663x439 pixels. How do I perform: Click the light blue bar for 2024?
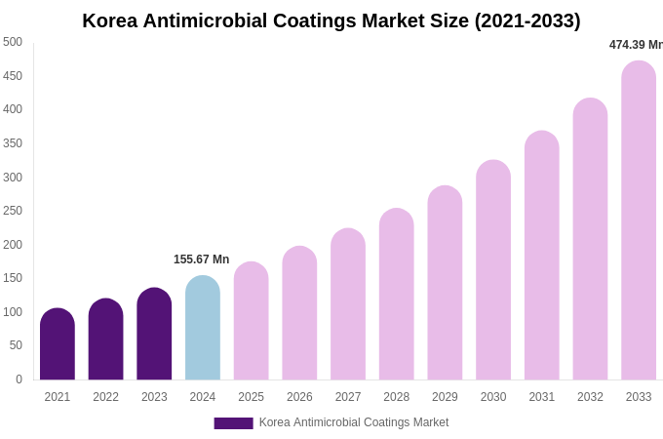[203, 328]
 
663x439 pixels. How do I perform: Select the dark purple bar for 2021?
[58, 344]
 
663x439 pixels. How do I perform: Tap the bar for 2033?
[639, 220]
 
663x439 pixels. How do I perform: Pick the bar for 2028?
[397, 295]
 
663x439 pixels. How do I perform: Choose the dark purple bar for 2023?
[154, 334]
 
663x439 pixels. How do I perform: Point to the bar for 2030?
[493, 270]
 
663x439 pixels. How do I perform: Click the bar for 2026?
[299, 313]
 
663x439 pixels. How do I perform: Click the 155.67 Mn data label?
[201, 259]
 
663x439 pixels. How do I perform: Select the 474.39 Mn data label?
[636, 45]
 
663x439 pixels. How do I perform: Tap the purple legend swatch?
[233, 423]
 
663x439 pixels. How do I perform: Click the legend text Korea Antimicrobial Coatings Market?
[354, 422]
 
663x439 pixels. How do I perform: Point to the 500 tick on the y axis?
[13, 42]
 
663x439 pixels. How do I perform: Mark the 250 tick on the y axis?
[13, 211]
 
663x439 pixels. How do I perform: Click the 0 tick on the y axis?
[19, 379]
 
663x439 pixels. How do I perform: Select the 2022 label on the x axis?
[105, 397]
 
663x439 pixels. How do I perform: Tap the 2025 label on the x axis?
[251, 397]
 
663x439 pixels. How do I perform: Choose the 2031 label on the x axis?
[541, 397]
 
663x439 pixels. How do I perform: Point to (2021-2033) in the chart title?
[527, 20]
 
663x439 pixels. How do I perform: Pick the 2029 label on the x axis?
[445, 397]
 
